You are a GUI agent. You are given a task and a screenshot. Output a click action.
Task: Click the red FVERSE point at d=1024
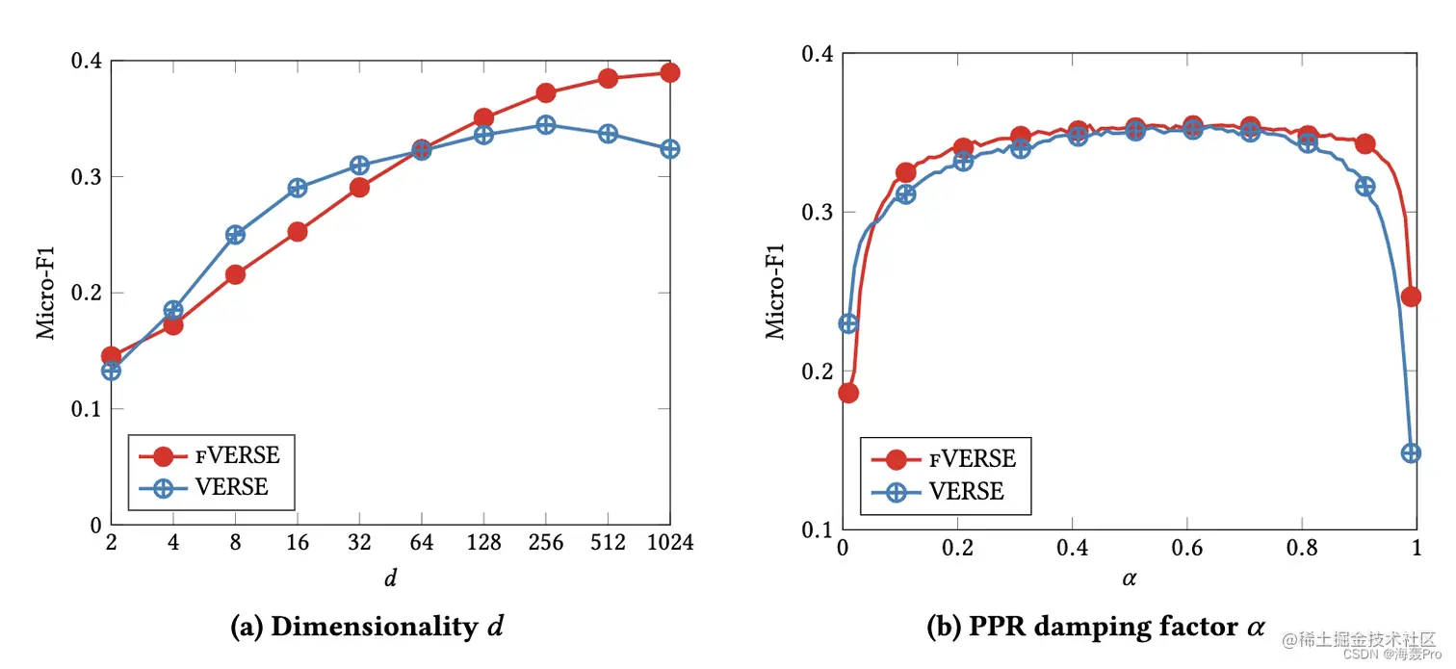[670, 72]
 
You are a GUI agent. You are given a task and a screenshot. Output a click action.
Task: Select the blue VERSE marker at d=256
[546, 125]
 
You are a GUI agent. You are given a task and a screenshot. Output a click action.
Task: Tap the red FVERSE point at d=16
[298, 231]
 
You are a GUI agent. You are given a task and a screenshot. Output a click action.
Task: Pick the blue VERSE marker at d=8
[235, 235]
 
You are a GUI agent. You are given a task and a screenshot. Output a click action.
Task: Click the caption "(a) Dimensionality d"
[366, 627]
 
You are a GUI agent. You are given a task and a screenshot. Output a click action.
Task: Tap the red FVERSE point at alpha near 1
[1411, 296]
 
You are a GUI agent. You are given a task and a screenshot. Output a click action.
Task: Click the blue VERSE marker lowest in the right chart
[1411, 452]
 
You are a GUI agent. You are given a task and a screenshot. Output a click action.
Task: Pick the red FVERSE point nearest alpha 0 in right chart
[847, 393]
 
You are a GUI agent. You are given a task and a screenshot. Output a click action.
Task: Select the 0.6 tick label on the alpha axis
[1186, 548]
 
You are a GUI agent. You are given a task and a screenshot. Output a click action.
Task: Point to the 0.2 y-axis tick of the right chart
[817, 371]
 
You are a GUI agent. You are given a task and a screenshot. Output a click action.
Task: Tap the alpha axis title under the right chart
[1129, 579]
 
